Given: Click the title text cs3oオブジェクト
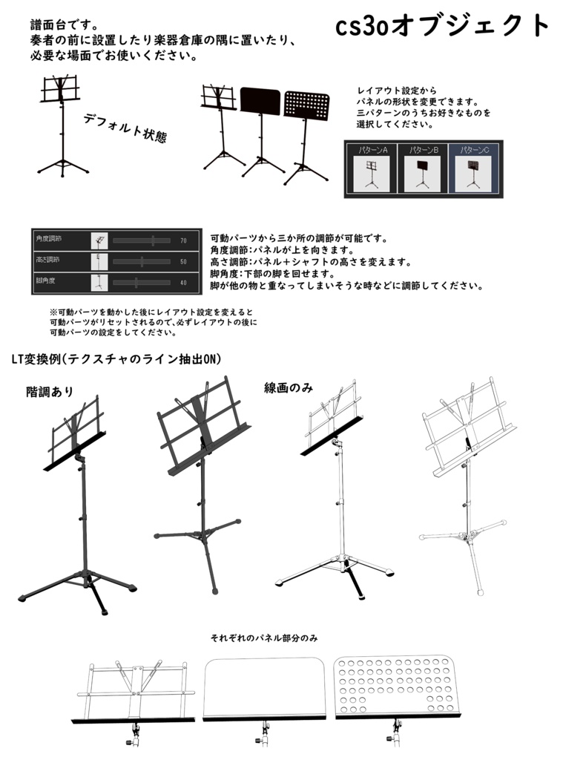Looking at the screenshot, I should click(x=443, y=26).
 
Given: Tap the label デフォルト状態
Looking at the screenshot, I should click(x=125, y=128).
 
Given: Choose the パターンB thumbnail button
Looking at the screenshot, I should click(x=424, y=170).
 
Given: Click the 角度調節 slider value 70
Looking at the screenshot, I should click(x=183, y=240).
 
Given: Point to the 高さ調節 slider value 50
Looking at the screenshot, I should click(x=183, y=261).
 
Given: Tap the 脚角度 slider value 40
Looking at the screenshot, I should click(x=183, y=283).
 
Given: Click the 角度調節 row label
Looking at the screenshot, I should click(x=49, y=240).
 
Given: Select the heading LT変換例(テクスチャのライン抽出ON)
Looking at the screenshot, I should click(x=116, y=359).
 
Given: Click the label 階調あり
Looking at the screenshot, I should click(x=50, y=391).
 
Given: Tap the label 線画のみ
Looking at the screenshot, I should click(x=289, y=387).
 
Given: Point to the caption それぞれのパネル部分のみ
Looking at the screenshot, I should click(x=264, y=638).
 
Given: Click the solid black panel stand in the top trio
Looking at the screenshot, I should click(x=260, y=130).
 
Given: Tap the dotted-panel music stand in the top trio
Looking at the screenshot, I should click(x=306, y=134).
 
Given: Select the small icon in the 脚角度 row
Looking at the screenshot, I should click(x=99, y=283).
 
